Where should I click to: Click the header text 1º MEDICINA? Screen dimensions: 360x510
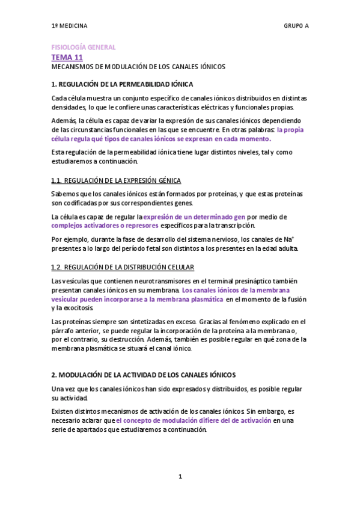[69, 26]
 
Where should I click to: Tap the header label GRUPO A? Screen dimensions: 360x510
[296, 26]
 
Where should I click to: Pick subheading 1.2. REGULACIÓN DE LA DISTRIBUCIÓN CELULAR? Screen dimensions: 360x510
[122, 267]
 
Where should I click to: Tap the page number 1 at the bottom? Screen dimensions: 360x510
[180, 477]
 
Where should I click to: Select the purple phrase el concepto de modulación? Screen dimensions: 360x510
[158, 420]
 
